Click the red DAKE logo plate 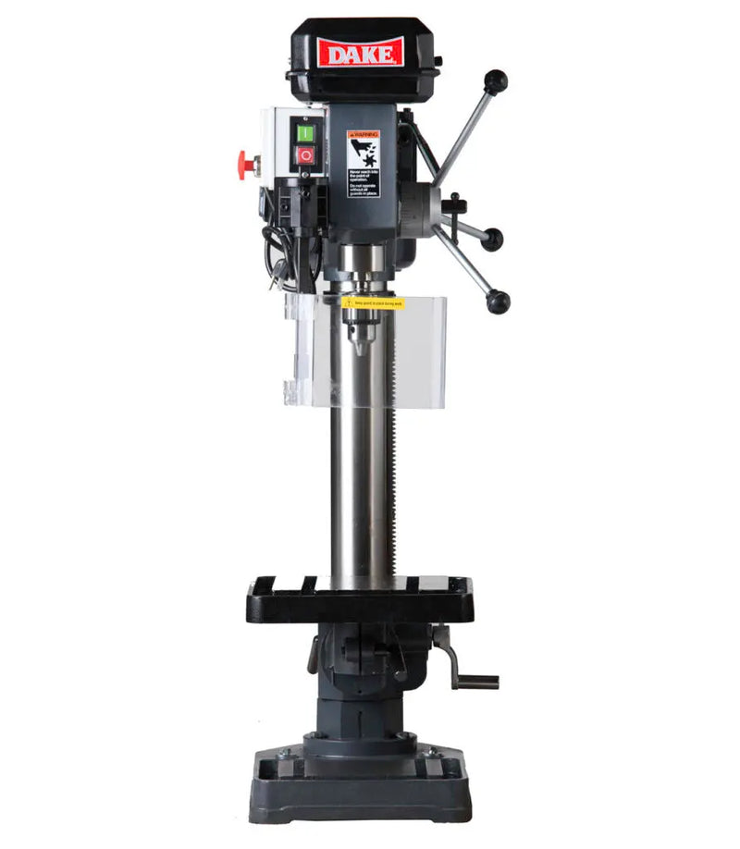point(360,52)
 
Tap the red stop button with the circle point(305,155)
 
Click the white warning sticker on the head point(363,162)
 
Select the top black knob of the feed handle point(496,81)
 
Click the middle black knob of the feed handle point(492,239)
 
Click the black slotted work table point(360,598)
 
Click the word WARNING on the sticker point(364,135)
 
